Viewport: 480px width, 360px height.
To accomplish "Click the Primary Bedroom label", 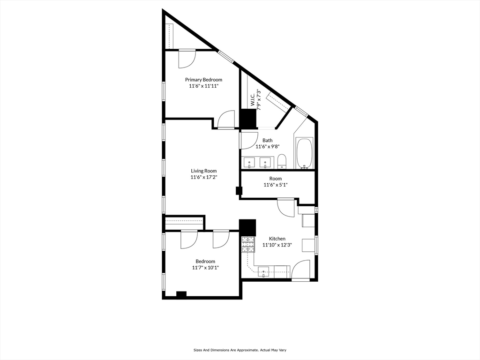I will (x=203, y=80).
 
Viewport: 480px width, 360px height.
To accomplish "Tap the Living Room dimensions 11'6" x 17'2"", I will (x=203, y=178).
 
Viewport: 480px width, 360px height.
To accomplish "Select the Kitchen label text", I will (x=277, y=239).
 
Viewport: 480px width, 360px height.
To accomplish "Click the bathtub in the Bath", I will (x=305, y=153).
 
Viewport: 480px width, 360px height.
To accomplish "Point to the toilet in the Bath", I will (x=282, y=161).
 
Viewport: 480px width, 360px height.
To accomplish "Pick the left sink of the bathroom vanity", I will (x=249, y=163).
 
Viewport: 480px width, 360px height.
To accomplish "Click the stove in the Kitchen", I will (x=247, y=244).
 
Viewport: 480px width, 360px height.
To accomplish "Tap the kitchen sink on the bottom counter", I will (x=264, y=271).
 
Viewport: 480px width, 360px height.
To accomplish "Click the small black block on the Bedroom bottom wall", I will (x=181, y=294).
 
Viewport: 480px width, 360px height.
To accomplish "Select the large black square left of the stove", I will (x=247, y=228).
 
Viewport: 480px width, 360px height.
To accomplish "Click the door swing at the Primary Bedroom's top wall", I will (x=187, y=58).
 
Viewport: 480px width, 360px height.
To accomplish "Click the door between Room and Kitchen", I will (x=285, y=207).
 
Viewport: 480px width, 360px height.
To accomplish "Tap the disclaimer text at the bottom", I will (x=240, y=350).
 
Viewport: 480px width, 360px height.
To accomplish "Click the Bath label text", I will (x=267, y=140).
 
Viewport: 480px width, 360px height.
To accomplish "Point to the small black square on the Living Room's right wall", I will (x=239, y=191).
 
